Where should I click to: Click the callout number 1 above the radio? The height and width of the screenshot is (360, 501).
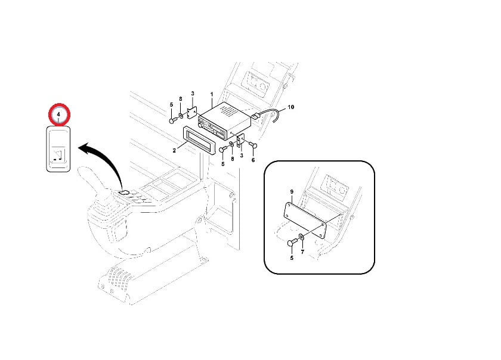pos(212,95)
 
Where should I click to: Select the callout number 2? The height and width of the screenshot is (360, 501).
pos(174,150)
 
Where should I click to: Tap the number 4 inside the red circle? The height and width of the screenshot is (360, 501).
pos(58,114)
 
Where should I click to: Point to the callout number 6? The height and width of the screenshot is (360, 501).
pos(253,160)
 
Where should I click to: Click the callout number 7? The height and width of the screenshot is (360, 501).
pos(302,252)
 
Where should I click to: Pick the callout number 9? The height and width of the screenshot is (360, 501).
pos(292,192)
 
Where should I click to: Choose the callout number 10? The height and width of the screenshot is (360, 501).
pos(291,107)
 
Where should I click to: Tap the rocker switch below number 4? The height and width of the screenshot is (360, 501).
pos(58,149)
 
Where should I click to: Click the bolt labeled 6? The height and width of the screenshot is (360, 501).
pos(253,145)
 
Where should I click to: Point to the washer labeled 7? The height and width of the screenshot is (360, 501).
pos(301,237)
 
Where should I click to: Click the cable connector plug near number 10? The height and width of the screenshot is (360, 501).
pos(255,116)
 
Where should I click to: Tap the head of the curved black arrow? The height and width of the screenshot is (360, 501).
pos(83,148)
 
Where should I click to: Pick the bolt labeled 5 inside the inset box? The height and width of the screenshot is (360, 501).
pos(292,243)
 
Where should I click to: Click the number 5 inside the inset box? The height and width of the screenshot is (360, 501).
pos(292,258)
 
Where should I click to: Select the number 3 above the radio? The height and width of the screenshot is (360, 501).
pos(193,94)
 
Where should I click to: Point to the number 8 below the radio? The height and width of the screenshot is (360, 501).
pos(232,159)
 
